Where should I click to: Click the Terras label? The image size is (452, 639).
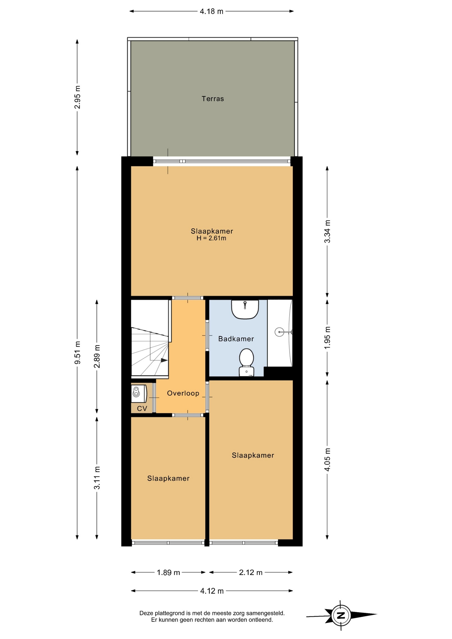(213, 99)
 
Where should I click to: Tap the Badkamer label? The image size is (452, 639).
(236, 339)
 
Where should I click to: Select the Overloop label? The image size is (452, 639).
(183, 393)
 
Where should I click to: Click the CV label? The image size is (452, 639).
(142, 409)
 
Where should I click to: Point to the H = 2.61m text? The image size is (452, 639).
(211, 238)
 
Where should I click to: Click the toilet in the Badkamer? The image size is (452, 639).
(247, 362)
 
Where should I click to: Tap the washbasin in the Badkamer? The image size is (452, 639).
(245, 309)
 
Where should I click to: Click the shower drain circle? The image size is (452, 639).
(279, 332)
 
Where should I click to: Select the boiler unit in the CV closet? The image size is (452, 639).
(139, 393)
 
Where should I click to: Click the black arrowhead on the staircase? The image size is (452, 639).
(164, 360)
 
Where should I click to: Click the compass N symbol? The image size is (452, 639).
(341, 615)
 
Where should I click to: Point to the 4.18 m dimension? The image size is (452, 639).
(212, 11)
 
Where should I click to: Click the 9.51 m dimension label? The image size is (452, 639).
(77, 352)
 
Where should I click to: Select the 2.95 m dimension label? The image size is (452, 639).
(77, 97)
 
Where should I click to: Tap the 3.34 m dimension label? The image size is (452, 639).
(327, 231)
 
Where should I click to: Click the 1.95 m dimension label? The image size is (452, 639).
(327, 338)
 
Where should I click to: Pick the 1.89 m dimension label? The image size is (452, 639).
(168, 572)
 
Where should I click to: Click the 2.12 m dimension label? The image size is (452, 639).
(251, 572)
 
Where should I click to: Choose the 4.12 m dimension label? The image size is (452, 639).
(212, 591)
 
